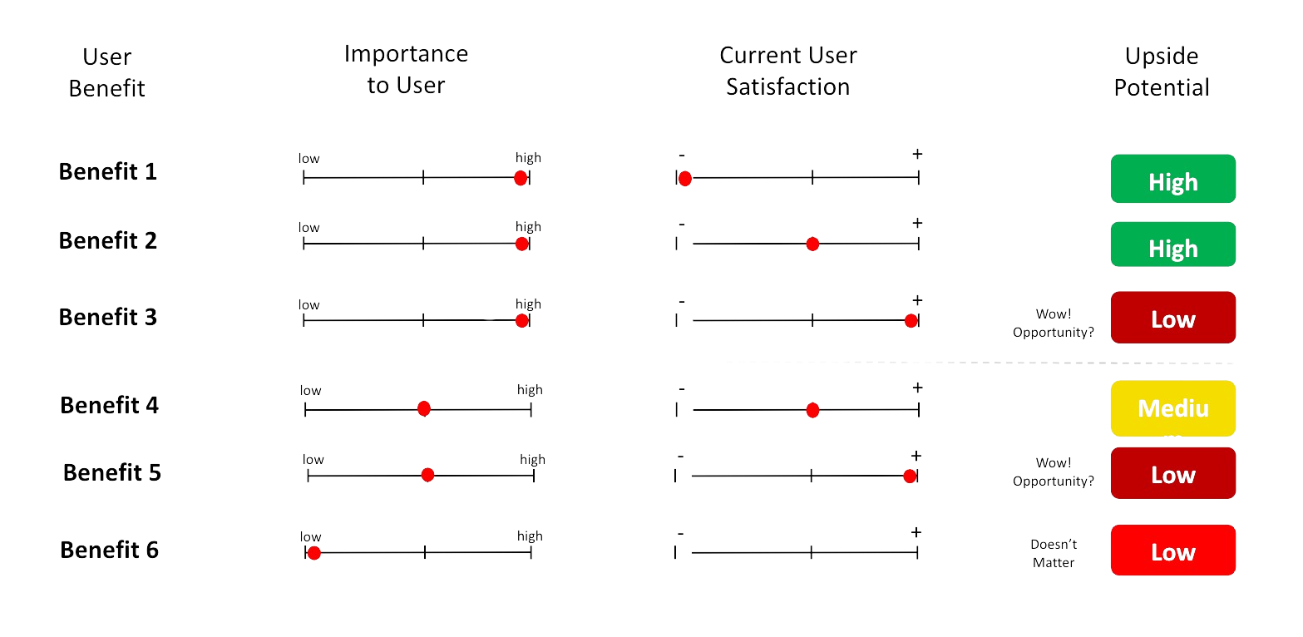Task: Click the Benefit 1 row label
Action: (x=108, y=172)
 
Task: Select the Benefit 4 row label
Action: (x=110, y=406)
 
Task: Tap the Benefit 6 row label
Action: (x=110, y=551)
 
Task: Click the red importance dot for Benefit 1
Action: (x=521, y=178)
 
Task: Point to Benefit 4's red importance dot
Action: (x=424, y=408)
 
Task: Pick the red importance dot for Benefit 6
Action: (x=313, y=554)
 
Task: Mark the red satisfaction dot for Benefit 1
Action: (x=685, y=179)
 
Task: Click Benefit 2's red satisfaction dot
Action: (x=812, y=244)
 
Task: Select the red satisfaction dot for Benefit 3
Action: (x=911, y=321)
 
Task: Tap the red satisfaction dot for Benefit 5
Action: (x=910, y=477)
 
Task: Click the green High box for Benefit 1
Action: (x=1172, y=179)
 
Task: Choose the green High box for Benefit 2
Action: (x=1172, y=245)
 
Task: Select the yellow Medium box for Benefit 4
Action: (x=1172, y=409)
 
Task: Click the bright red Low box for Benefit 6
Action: (x=1172, y=551)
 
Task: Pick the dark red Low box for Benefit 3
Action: (x=1172, y=318)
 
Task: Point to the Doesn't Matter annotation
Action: (x=1054, y=553)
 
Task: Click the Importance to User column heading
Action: (x=407, y=70)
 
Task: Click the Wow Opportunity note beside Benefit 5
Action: (x=1053, y=472)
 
